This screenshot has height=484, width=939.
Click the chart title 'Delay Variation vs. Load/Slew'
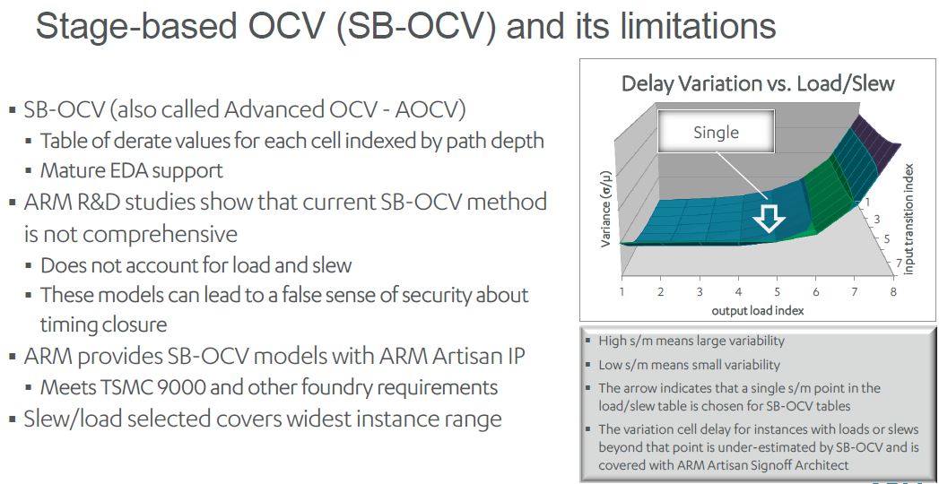758,83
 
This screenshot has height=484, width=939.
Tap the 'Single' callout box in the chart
717,132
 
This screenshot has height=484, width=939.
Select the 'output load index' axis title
757,310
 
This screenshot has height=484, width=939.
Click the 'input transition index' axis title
909,219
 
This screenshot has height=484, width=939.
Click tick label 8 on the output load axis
893,292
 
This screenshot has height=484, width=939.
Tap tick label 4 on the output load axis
738,292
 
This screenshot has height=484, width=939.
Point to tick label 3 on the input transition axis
878,220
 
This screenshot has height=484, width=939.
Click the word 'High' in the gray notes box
611,341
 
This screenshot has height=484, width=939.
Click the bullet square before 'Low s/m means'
588,366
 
